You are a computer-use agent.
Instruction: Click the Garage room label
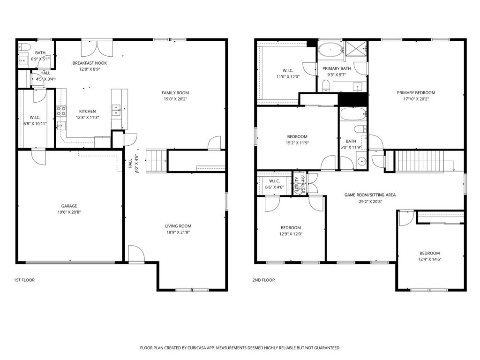(x=69, y=206)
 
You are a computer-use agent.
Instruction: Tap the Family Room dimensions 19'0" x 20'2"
(x=175, y=99)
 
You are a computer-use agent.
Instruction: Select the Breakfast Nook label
(x=90, y=63)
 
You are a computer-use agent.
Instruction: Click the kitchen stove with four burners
(x=61, y=111)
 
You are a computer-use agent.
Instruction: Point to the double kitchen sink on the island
(x=116, y=111)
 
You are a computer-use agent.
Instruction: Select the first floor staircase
(x=157, y=161)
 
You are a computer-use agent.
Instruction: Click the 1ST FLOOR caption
(x=24, y=280)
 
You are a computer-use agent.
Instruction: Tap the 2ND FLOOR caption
(x=264, y=280)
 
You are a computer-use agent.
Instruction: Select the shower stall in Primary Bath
(x=356, y=49)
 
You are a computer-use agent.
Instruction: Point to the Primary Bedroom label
(x=416, y=93)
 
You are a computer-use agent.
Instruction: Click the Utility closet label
(x=297, y=183)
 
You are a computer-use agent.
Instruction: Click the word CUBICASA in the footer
(x=204, y=348)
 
